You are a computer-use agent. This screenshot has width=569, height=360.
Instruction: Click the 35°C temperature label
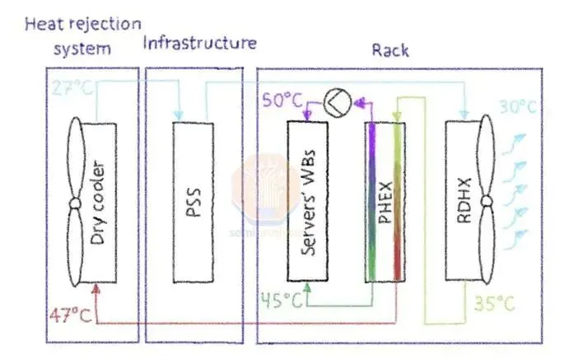[494, 304]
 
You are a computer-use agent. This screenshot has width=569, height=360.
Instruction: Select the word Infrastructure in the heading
[199, 42]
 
